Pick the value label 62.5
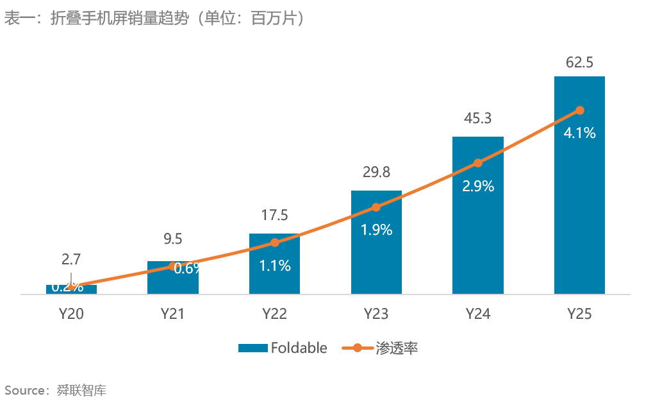point(579,63)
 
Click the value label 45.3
point(477,118)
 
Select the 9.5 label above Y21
point(172,239)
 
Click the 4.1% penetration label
point(579,133)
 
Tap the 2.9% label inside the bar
point(477,187)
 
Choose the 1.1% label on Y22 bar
point(274,266)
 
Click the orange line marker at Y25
point(579,110)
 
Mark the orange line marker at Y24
point(477,164)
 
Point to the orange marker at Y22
point(274,243)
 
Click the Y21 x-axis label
point(172,314)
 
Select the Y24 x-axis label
point(477,314)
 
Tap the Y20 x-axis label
point(71,314)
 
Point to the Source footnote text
point(54,390)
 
